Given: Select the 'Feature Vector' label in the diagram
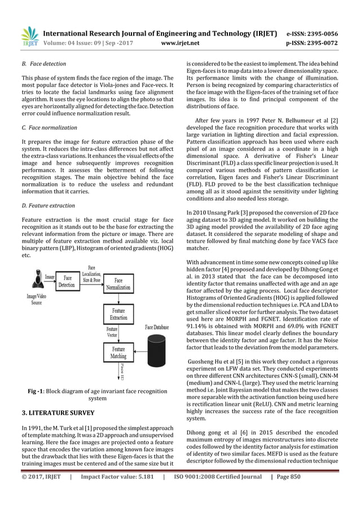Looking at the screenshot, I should click(x=112, y=331).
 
